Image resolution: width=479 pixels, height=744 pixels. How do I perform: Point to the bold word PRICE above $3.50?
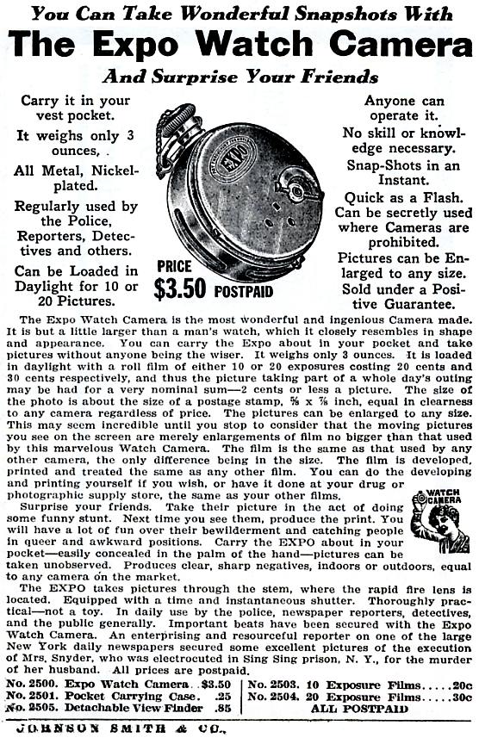coord(174,267)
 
